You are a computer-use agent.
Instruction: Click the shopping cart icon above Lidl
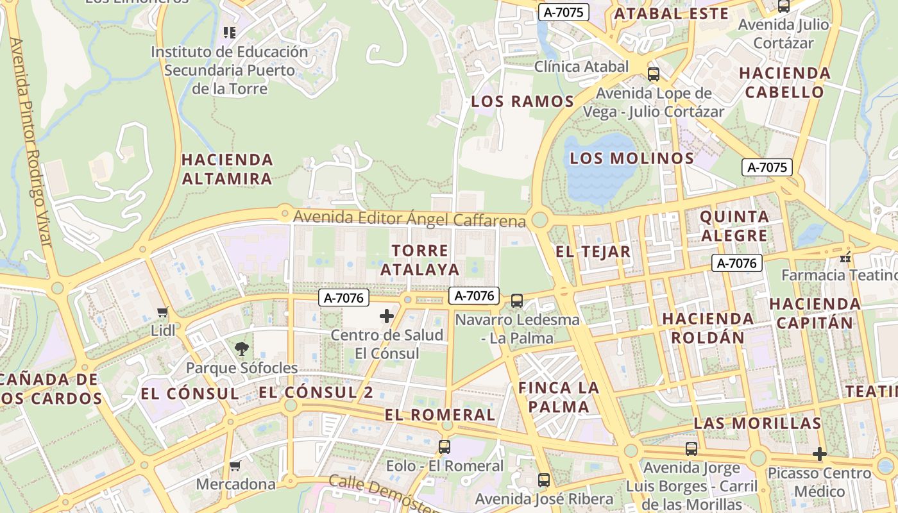tap(162, 312)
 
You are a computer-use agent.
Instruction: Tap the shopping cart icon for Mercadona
tap(235, 466)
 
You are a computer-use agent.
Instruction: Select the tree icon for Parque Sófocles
tap(242, 349)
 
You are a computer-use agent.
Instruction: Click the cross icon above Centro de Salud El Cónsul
tap(387, 315)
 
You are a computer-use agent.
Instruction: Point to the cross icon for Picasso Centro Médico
tap(819, 454)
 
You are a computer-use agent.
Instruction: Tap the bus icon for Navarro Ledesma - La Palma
tap(516, 300)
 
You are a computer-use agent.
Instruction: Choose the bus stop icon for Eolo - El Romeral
tap(444, 446)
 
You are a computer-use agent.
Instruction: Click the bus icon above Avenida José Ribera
tap(544, 480)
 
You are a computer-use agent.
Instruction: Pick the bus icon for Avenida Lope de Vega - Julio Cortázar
tap(654, 74)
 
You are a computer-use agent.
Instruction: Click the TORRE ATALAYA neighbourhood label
tap(420, 260)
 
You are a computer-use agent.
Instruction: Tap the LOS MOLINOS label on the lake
tap(632, 158)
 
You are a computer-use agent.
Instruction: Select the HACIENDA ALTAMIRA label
tap(228, 169)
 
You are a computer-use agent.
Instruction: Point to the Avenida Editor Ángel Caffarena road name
tap(409, 219)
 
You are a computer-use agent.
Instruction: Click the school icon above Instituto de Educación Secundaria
tap(229, 32)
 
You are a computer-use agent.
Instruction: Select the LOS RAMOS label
tap(522, 101)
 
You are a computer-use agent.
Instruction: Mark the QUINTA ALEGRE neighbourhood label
tap(734, 226)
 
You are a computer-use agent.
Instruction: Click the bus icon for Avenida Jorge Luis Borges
tap(691, 449)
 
